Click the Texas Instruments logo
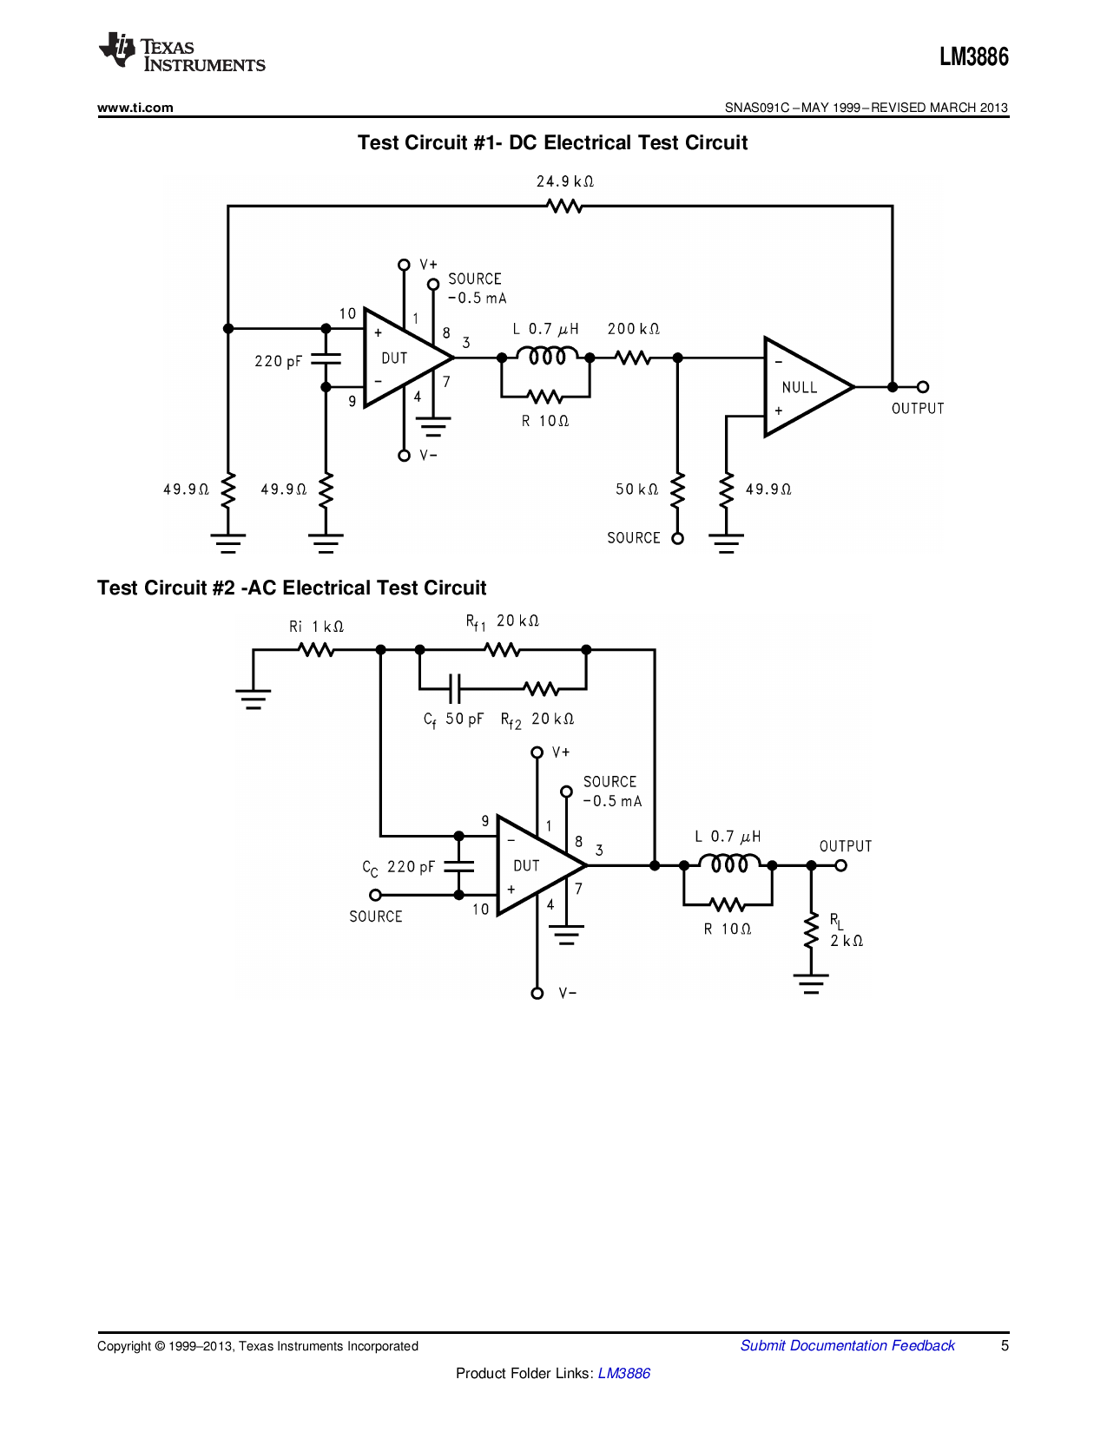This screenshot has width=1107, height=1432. pos(181,53)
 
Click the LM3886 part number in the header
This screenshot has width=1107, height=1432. pos(973,57)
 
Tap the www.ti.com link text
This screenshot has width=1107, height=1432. pos(135,108)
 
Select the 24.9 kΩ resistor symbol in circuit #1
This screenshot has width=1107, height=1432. pos(564,207)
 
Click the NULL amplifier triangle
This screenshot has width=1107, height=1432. pos(803,387)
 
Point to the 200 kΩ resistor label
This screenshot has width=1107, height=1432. pos(633,329)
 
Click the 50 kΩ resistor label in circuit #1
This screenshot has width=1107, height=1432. pos(636,489)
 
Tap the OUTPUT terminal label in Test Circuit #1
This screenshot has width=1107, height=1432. pos(917,409)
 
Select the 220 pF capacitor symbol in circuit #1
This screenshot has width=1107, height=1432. pos(326,358)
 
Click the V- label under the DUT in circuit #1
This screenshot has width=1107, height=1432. pos(428,456)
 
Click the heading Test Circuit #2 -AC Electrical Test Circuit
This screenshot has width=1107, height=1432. pos(292,588)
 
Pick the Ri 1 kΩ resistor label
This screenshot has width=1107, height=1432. pos(316,627)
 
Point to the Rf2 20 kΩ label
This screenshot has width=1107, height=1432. pos(537,719)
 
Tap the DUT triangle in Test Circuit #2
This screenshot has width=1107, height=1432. pos(534,866)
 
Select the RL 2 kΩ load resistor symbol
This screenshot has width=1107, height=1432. pos(811,930)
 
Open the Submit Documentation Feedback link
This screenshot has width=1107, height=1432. pos(847,1345)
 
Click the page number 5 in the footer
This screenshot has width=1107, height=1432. pos(1005,1345)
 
